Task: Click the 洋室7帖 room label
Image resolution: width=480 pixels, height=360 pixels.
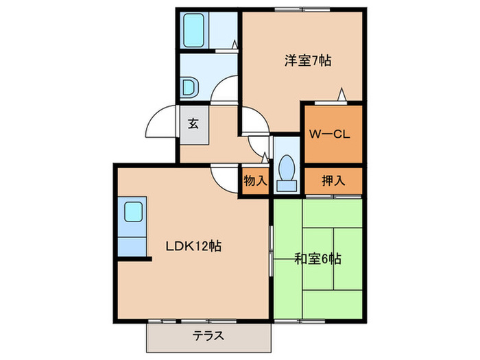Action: pos(308,60)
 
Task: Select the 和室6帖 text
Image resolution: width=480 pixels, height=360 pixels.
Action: pos(317,259)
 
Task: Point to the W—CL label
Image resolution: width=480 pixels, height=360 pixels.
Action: pos(330,134)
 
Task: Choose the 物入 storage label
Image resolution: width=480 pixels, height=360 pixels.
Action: pos(255,181)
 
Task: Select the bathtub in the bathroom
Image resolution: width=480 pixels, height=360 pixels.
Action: pos(196,30)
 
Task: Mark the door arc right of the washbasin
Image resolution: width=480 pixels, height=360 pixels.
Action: pos(223,91)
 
